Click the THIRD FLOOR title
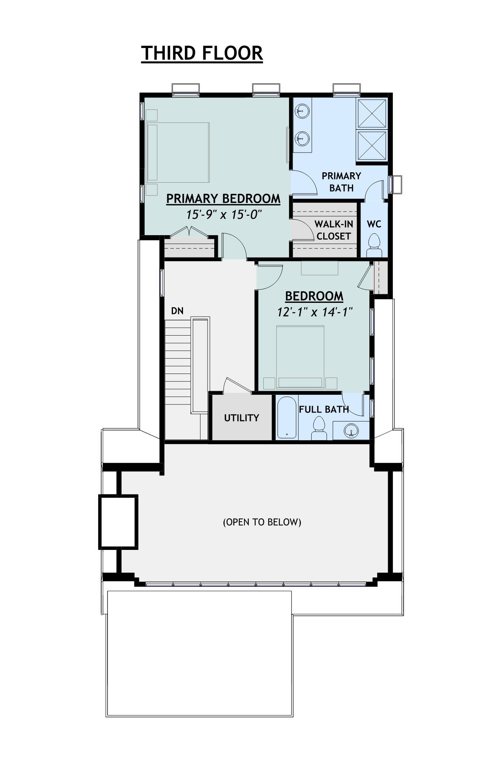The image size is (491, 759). pos(202,53)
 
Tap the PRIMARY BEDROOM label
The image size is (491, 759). pos(223,199)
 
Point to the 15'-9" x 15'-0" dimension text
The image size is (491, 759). pos(224,215)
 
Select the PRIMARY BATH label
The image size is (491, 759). pos(341,182)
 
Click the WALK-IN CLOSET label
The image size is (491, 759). pos(334,230)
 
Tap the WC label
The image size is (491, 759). pos(374,224)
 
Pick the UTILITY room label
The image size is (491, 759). pos(241,418)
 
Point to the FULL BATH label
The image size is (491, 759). pos(324,409)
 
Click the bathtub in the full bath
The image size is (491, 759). pos(287,417)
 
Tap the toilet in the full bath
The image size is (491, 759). pos(319,428)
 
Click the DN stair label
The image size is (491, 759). pos(177,311)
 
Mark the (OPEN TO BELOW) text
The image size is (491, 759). pos(262,522)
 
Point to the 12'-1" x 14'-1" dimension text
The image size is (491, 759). pos(315,312)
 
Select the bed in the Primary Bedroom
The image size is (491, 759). pos(178,153)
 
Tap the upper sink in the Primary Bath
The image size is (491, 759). pos(302,111)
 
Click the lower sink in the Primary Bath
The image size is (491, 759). pos(302,140)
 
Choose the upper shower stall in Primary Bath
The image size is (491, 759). pos(372,113)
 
